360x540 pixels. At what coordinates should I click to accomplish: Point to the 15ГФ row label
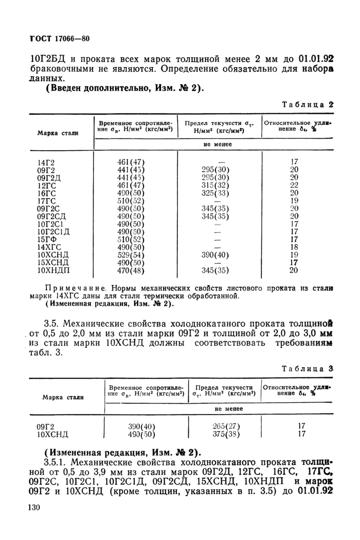coord(46,239)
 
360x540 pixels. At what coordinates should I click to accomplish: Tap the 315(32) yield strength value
coord(214,185)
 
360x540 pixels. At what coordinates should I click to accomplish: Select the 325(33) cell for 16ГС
coord(214,192)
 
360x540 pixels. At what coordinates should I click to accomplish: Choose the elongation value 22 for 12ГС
coord(294,185)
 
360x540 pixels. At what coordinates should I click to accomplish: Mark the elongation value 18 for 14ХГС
coord(294,247)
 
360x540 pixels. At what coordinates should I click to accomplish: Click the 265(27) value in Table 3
coord(226,426)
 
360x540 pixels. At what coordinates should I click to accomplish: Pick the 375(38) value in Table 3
coord(226,434)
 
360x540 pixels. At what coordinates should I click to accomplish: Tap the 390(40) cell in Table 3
coord(141,426)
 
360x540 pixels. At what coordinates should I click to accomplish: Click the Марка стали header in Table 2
coord(58,133)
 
